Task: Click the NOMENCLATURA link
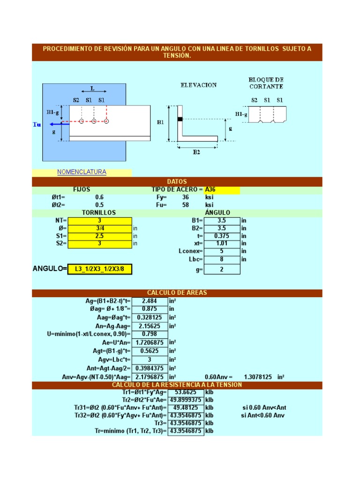tap(82, 172)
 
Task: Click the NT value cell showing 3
tap(99, 221)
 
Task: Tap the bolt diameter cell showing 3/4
tap(99, 228)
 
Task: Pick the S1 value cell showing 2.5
tap(99, 236)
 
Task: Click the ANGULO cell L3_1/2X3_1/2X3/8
tap(99, 269)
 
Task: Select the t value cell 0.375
tap(222, 236)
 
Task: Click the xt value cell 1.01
tap(222, 243)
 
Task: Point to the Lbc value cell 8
tap(222, 259)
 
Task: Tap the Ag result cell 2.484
tap(150, 301)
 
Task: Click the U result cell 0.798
tap(150, 334)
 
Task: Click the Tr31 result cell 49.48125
tap(186, 407)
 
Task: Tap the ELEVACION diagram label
tap(199, 85)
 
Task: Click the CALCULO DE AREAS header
tap(177, 293)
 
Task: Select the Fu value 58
tap(186, 205)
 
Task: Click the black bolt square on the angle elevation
tap(180, 119)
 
